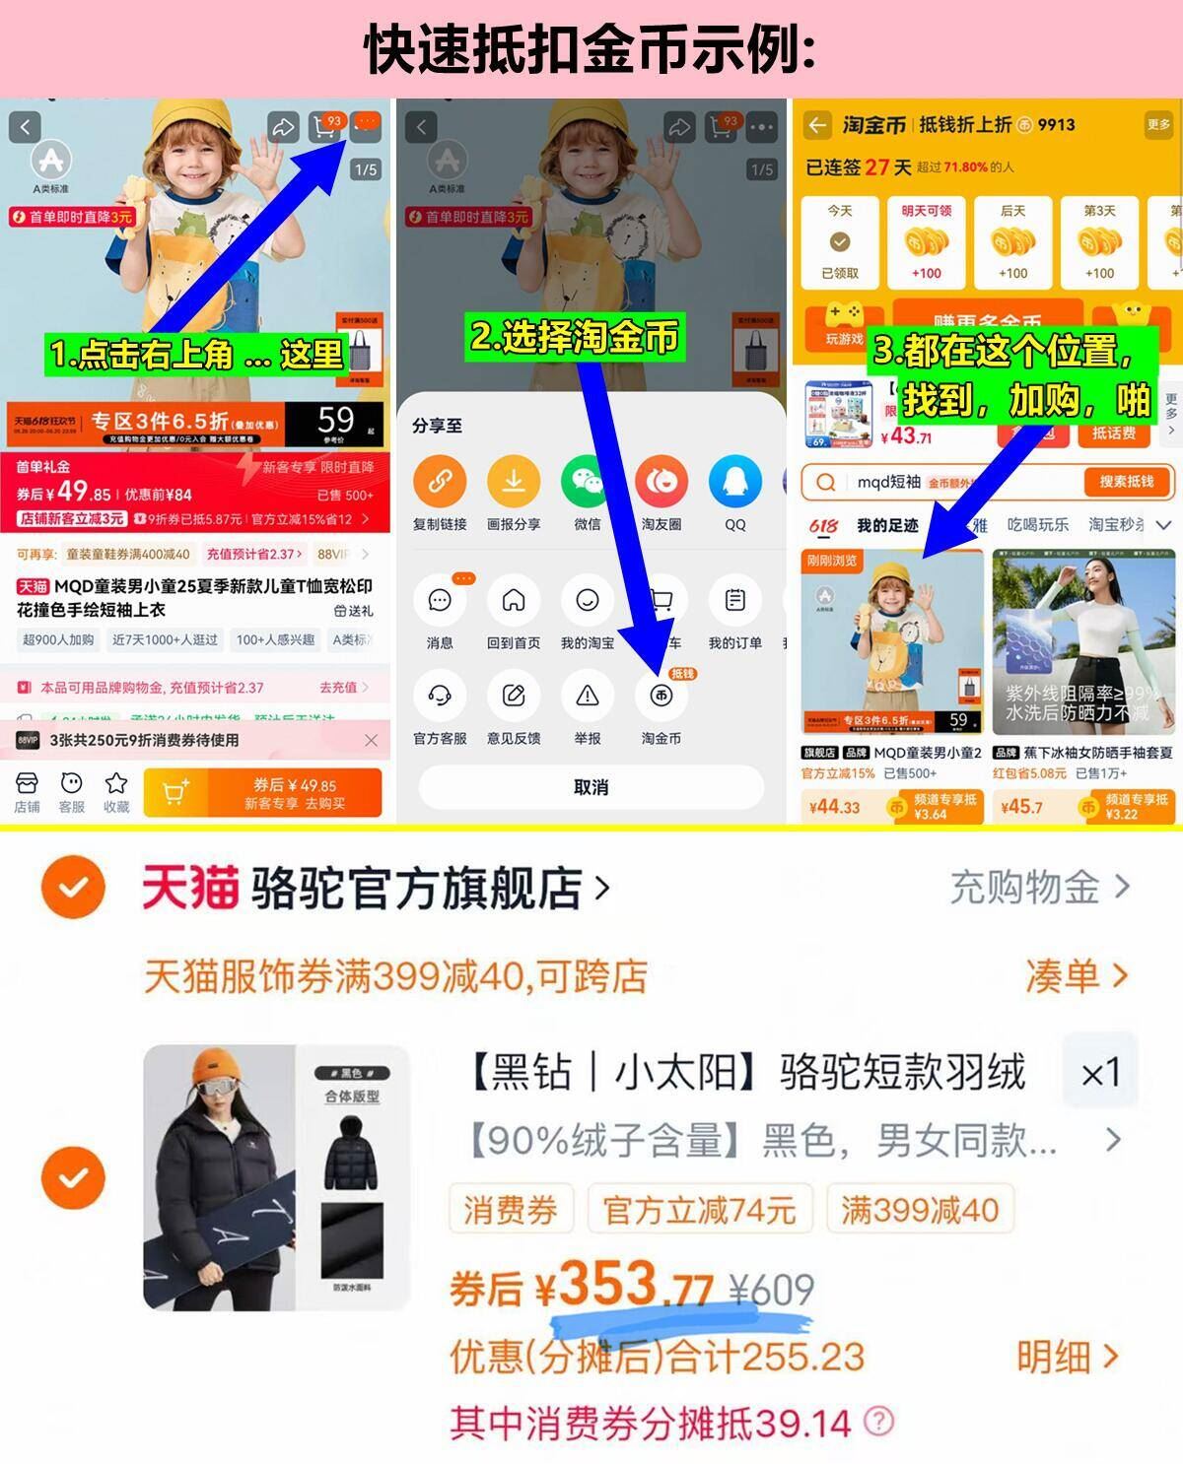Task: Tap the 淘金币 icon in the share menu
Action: [x=661, y=696]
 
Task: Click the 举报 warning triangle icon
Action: [x=588, y=696]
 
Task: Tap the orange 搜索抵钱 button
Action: [x=1126, y=482]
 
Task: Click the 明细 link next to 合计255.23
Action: [x=1068, y=1357]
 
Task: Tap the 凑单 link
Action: [x=1076, y=975]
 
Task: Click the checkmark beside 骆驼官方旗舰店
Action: [x=73, y=888]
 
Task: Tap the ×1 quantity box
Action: [x=1100, y=1073]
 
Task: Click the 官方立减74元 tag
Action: [x=699, y=1210]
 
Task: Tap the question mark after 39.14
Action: [x=878, y=1422]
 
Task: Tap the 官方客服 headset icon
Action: [x=440, y=696]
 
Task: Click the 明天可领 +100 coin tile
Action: [x=927, y=242]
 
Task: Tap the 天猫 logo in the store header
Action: [x=190, y=888]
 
